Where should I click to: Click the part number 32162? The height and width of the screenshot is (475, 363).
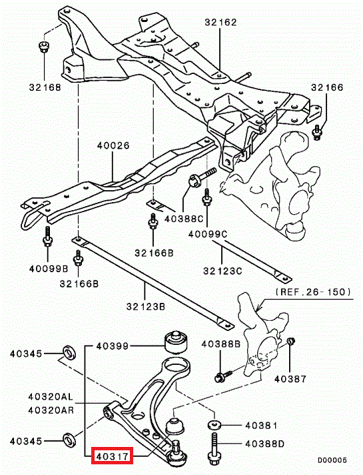tap(220, 23)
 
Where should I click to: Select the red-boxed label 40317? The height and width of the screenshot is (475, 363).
tap(112, 456)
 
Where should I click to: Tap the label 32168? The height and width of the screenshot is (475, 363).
tap(45, 87)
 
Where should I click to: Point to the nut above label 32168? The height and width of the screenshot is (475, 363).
tap(44, 47)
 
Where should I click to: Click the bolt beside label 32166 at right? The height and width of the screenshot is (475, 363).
tap(317, 132)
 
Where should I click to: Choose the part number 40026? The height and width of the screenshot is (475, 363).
tap(113, 145)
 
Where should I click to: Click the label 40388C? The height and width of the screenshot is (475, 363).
tap(184, 219)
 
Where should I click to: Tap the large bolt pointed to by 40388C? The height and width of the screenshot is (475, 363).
tap(202, 178)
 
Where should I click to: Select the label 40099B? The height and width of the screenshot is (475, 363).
tap(49, 268)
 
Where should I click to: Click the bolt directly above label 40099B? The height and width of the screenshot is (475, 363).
tap(47, 238)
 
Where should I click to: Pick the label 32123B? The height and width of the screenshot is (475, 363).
tap(146, 307)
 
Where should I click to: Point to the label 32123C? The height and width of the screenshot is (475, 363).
tap(222, 270)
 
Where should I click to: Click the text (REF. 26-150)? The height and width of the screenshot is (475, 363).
tap(314, 292)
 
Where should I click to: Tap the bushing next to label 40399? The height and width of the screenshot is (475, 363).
tap(176, 342)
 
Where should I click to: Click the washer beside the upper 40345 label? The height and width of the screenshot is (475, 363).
tap(69, 353)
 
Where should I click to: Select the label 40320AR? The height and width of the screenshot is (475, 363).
tap(51, 410)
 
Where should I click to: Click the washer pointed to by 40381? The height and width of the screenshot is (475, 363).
tap(214, 425)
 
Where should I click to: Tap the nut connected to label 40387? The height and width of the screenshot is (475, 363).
tap(291, 341)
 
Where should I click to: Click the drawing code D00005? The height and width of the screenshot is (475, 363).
tap(332, 460)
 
